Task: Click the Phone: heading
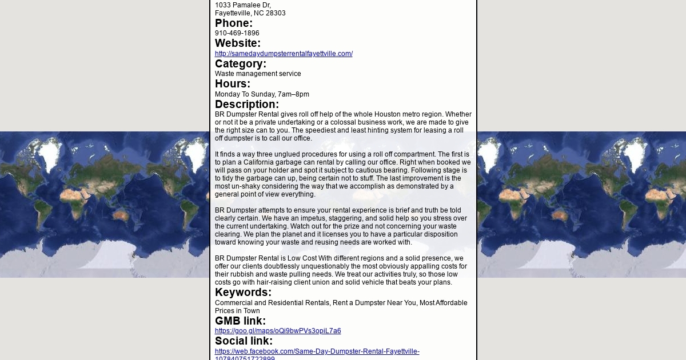point(233,23)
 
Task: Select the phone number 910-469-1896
point(237,33)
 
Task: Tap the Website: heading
point(237,43)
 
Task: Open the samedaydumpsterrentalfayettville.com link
point(284,54)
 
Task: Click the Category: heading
point(240,64)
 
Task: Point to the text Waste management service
point(258,74)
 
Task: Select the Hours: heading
point(232,84)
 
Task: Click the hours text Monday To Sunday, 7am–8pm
point(262,94)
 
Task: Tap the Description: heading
point(246,105)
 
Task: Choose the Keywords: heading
point(243,293)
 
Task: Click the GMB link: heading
point(240,321)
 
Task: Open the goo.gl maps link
point(278,331)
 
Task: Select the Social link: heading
point(244,341)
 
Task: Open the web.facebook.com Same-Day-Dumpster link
point(317,351)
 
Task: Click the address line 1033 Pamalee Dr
point(242,5)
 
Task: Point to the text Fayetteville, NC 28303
point(250,13)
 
